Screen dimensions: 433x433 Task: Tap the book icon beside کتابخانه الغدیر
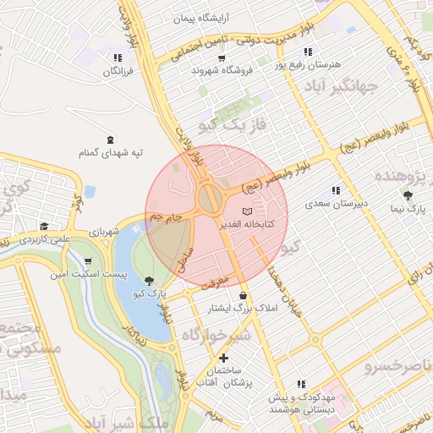(x=247, y=210)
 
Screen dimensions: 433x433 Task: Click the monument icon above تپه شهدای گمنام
(x=110, y=140)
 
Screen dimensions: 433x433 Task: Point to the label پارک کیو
(x=151, y=293)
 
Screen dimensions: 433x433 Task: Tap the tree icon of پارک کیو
(x=151, y=280)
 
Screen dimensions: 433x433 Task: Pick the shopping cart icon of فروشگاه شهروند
(x=222, y=58)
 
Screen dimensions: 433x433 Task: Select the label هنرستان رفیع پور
(x=313, y=64)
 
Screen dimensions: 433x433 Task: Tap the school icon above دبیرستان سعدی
(x=337, y=191)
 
